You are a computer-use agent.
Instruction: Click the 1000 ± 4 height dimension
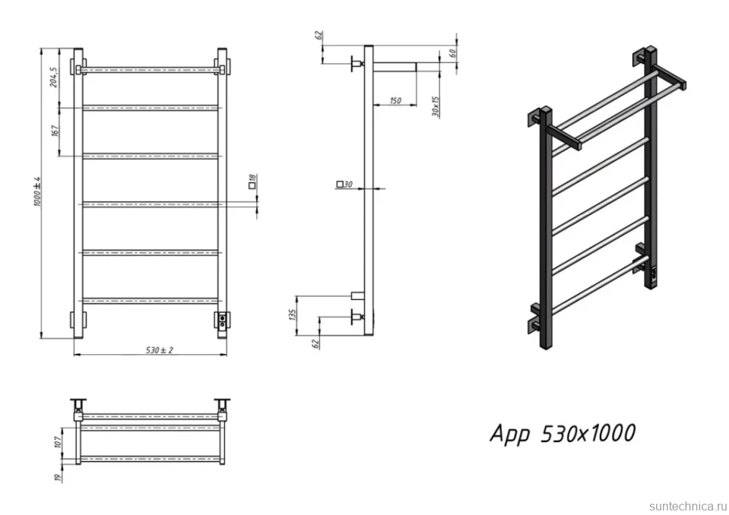click(x=38, y=191)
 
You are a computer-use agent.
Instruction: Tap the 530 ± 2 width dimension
click(x=159, y=350)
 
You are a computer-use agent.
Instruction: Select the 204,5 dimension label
click(x=53, y=77)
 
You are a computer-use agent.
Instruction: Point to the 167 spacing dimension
click(x=55, y=131)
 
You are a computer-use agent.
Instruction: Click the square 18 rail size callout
click(x=253, y=180)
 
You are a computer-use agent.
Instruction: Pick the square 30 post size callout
click(x=344, y=184)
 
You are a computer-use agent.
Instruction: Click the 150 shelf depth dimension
click(x=395, y=101)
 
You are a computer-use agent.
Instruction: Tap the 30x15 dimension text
click(x=435, y=107)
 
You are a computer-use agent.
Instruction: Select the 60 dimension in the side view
click(x=452, y=53)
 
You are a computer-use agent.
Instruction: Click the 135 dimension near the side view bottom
click(x=292, y=314)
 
